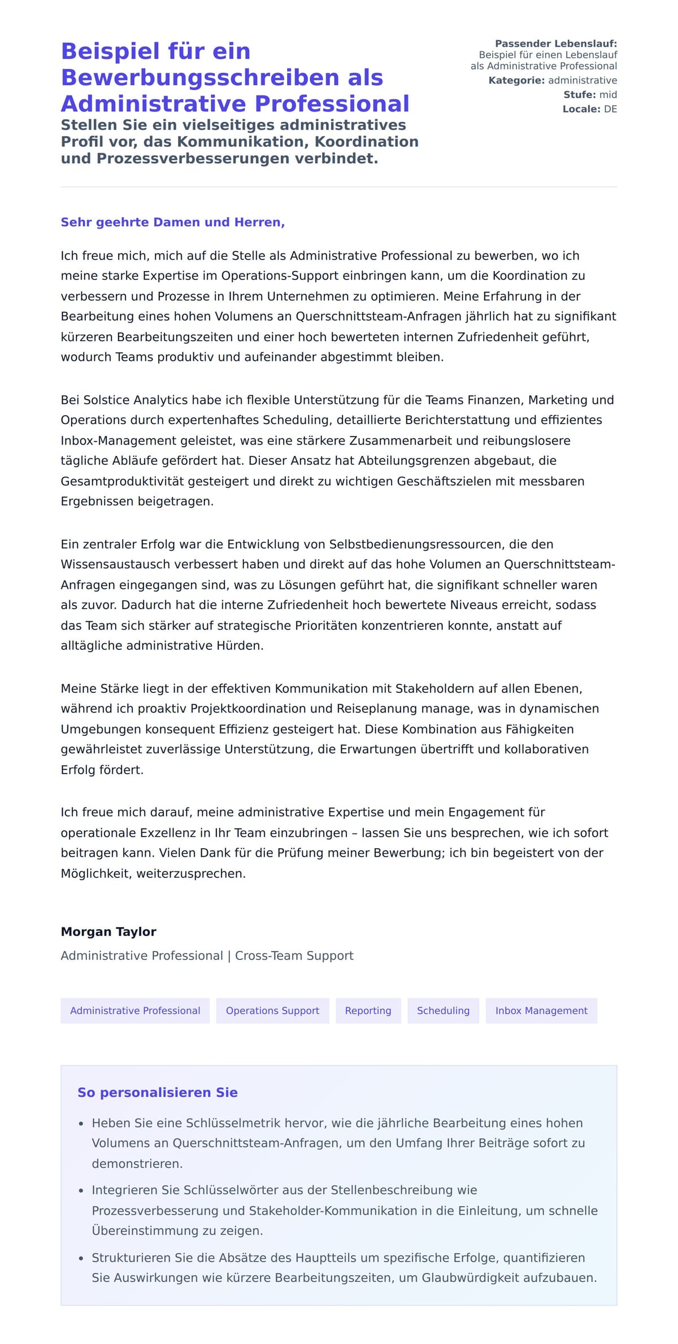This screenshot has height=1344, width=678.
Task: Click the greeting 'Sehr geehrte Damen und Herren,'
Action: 172,222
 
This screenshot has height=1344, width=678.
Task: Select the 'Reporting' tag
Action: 368,1010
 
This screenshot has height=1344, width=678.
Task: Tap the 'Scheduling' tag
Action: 443,1010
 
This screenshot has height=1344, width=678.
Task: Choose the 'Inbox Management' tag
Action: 541,1010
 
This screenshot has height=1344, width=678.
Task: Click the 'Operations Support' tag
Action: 272,1010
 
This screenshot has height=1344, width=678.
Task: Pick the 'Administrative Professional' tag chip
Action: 135,1010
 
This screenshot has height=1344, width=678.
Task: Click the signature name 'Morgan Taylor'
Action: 108,931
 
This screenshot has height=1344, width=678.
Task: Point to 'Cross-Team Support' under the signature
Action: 294,955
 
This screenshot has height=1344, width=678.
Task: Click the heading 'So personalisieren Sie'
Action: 157,1092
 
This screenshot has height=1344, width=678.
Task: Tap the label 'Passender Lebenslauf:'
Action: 556,43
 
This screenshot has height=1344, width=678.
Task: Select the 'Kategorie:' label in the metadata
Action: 516,80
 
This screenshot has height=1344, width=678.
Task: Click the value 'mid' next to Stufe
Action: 608,95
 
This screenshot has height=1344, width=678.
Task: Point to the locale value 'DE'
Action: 610,109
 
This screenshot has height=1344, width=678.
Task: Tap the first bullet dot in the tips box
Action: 81,1124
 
